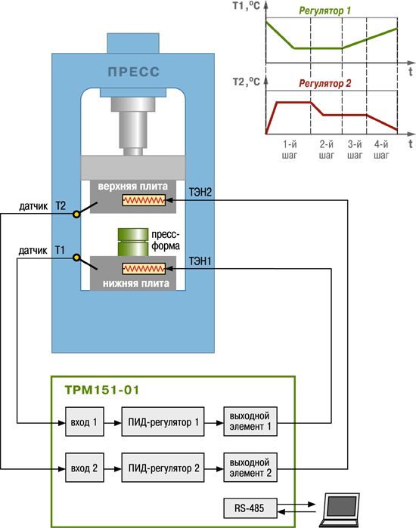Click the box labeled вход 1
(x=84, y=421)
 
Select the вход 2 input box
(x=84, y=468)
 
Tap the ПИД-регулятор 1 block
(x=163, y=421)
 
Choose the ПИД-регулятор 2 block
(x=163, y=468)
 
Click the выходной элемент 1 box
(x=250, y=421)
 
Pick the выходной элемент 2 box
(x=250, y=468)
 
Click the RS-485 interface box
(x=250, y=508)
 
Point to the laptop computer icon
(x=340, y=510)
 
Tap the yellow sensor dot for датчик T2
(x=77, y=214)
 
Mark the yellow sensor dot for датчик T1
(x=77, y=258)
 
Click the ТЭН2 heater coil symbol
(x=144, y=201)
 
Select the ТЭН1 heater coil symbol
(x=144, y=269)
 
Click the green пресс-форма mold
(x=133, y=242)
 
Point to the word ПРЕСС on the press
(x=133, y=72)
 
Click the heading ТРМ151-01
(x=102, y=390)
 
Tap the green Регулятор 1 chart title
(x=325, y=11)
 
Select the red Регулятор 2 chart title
(x=325, y=83)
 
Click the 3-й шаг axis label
(x=355, y=150)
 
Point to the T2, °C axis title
(x=247, y=82)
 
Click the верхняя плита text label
(x=133, y=187)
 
